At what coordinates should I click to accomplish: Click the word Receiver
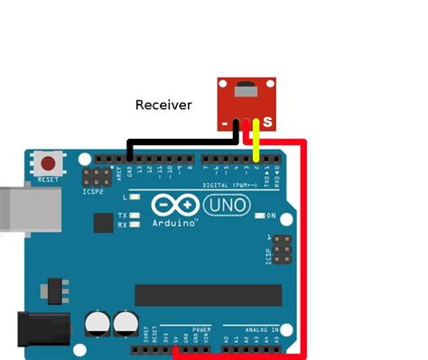pos(163,105)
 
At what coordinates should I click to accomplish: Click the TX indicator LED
pos(135,216)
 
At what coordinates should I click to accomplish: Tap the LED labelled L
pos(135,197)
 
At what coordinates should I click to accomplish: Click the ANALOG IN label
pos(252,329)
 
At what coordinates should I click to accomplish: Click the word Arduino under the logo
pos(176,223)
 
